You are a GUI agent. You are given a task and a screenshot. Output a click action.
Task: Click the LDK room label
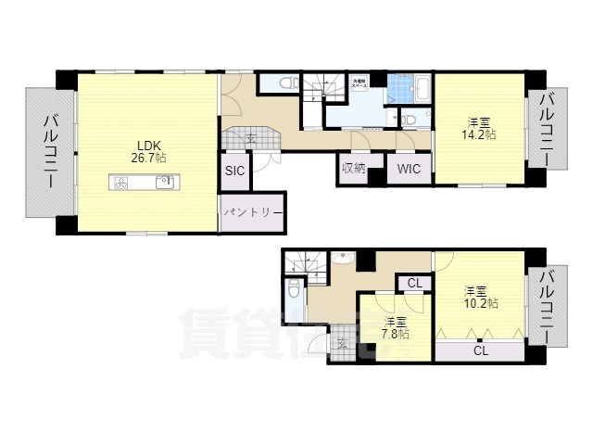[x=149, y=145]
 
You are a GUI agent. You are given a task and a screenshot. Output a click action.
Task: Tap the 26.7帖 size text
[x=149, y=158]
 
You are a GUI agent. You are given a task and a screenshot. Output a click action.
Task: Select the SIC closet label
[x=234, y=171]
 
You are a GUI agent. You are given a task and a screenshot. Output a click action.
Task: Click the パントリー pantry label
[x=251, y=212]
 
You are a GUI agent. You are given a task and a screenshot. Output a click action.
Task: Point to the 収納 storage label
[x=353, y=168]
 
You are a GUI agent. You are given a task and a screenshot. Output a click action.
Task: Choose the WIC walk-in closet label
[x=408, y=169]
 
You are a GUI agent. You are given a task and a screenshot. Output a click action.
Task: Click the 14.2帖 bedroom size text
[x=479, y=134]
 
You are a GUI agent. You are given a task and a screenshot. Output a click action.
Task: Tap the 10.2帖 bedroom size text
[x=480, y=302]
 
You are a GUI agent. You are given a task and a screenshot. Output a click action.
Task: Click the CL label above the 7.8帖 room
[x=414, y=283]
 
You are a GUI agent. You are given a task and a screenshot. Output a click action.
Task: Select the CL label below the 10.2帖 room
[x=480, y=350]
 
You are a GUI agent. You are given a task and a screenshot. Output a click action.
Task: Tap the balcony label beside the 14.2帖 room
[x=548, y=129]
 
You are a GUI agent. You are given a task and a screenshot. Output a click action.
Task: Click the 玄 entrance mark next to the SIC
[x=251, y=139]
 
